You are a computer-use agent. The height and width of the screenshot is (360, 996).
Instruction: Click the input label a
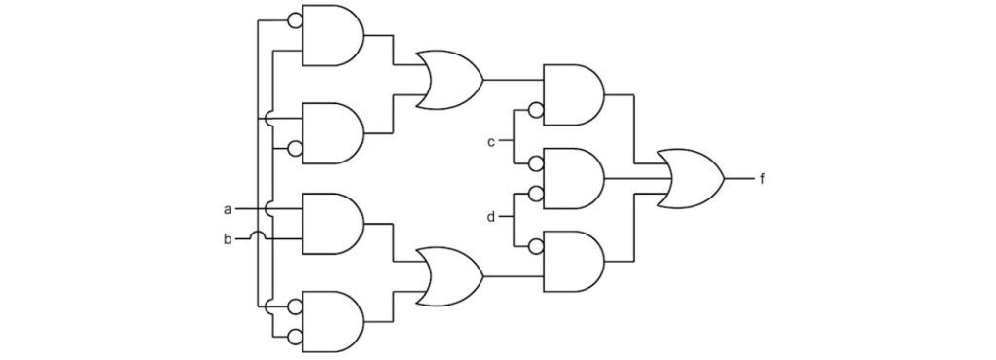pos(228,208)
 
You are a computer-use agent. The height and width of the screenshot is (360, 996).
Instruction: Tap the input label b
pos(228,237)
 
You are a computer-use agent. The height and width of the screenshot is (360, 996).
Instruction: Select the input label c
pos(492,142)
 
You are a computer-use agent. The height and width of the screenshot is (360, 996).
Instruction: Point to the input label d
pos(492,215)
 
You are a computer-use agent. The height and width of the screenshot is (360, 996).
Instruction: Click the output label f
pos(762,179)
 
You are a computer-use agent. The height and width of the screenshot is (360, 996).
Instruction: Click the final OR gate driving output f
pos(691,179)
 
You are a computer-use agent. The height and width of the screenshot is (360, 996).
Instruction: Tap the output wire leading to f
pos(739,179)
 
